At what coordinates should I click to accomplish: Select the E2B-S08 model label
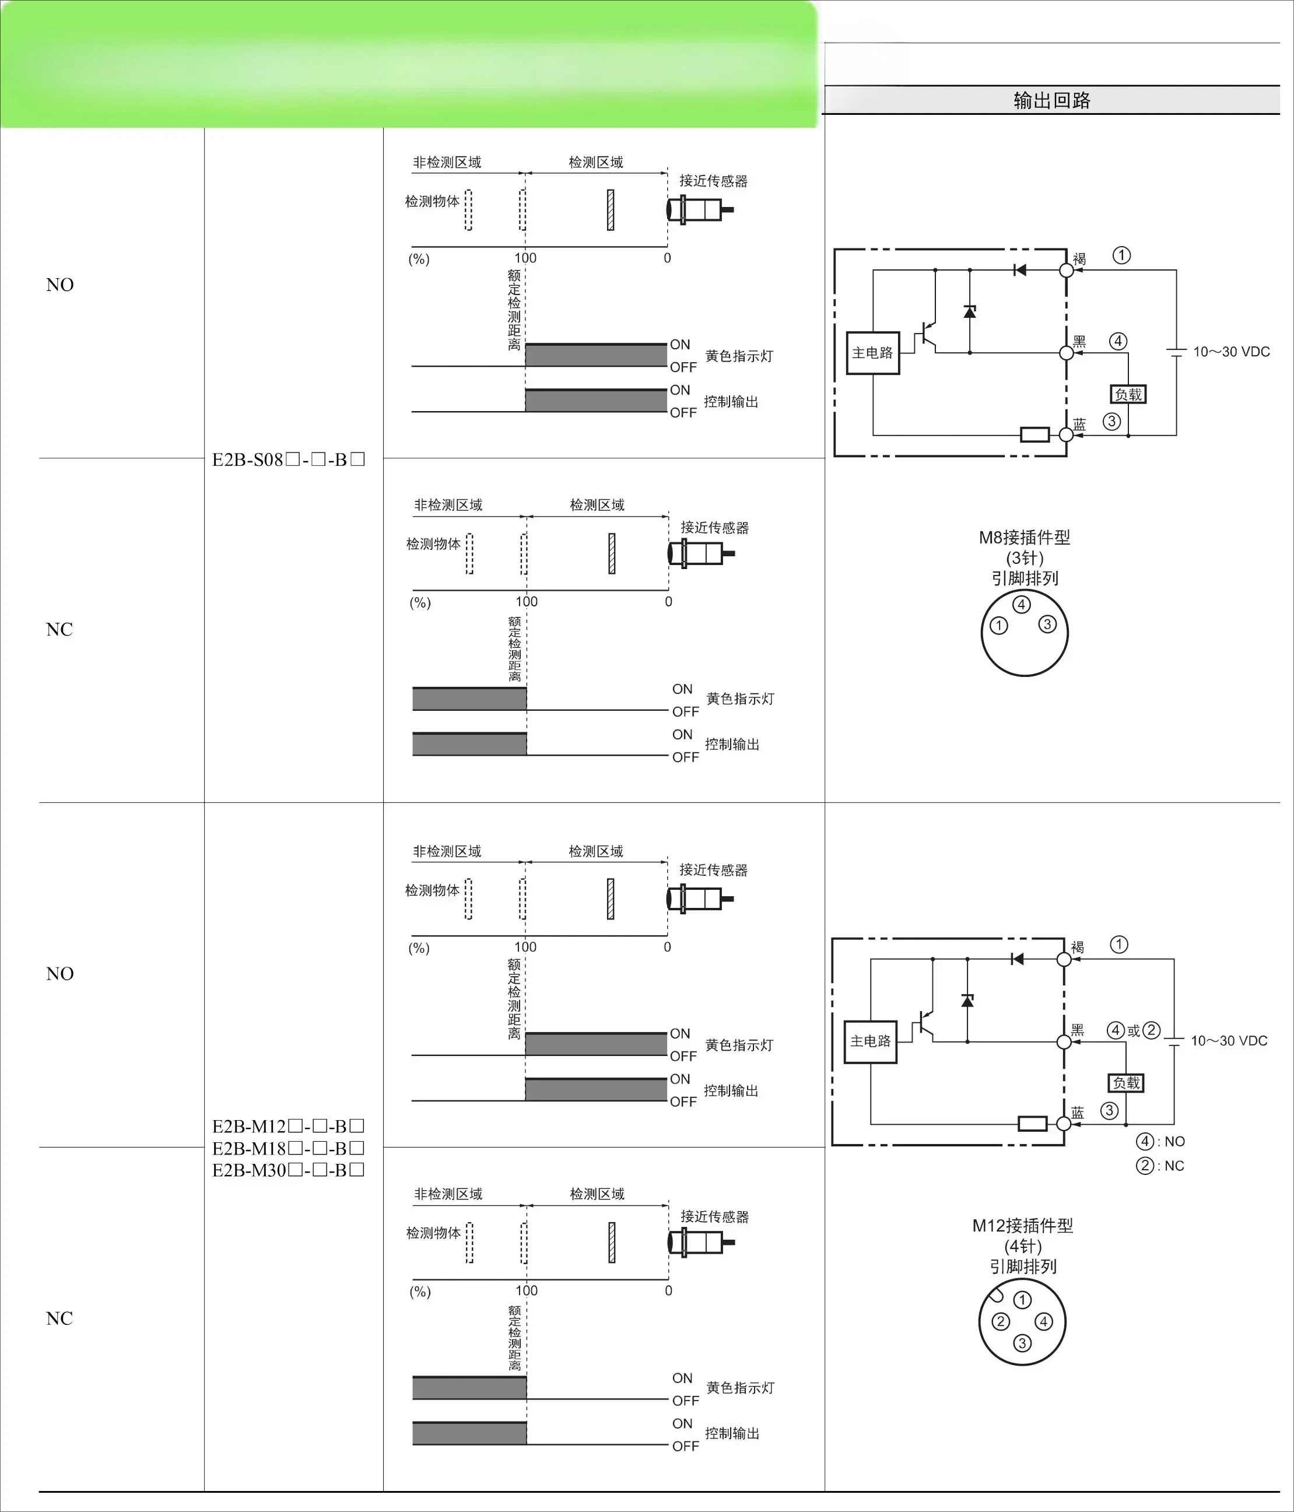[288, 459]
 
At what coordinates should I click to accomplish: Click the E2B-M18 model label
[288, 1148]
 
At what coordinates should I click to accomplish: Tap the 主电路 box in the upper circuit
[873, 353]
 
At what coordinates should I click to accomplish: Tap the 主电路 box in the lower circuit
[871, 1041]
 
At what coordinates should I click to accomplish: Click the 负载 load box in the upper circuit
[1128, 394]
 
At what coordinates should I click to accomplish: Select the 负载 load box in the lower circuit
[1126, 1082]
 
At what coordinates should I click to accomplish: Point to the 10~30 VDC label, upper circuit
[1231, 352]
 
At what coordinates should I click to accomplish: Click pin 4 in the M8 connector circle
[1022, 604]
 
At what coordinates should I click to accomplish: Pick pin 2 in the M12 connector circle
[1001, 1321]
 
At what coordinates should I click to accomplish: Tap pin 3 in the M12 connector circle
[1022, 1343]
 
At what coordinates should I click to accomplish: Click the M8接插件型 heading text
[1025, 538]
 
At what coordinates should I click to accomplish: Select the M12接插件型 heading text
[1022, 1226]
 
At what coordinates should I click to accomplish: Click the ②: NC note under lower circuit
[1160, 1166]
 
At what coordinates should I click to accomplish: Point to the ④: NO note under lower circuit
[1160, 1141]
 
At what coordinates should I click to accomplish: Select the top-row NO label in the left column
[60, 285]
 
